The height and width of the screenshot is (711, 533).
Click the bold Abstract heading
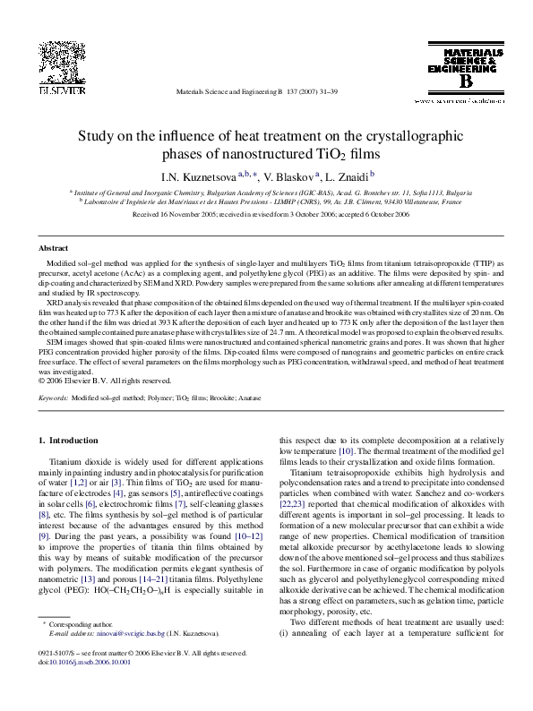(55, 247)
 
